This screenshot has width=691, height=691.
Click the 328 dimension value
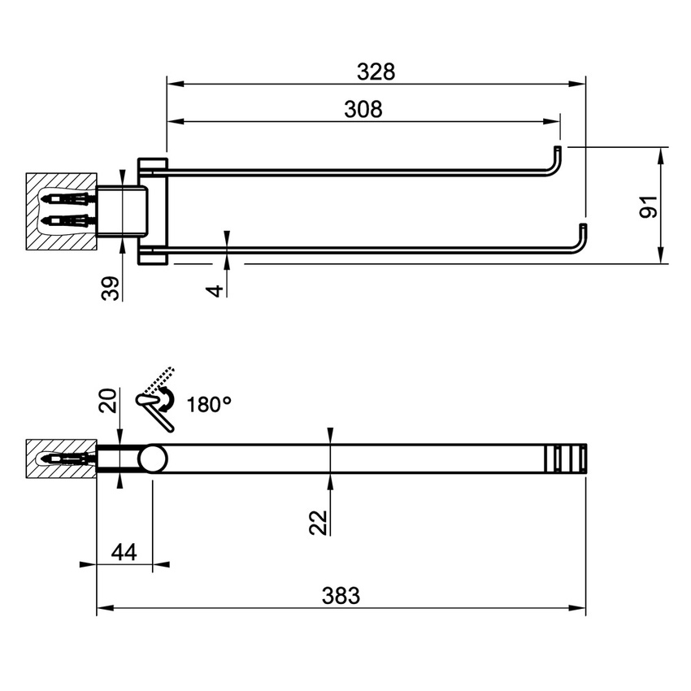tap(376, 72)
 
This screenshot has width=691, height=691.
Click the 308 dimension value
tap(363, 110)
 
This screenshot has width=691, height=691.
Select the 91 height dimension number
tap(648, 206)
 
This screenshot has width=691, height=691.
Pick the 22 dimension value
tap(319, 521)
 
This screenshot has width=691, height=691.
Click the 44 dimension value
tap(123, 552)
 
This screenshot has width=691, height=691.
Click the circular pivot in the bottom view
tap(152, 460)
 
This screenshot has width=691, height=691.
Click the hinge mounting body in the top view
tap(122, 211)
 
